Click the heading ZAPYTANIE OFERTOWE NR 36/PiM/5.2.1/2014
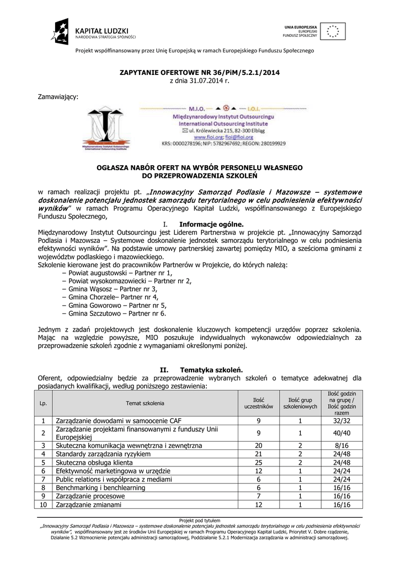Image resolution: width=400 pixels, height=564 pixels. pos(199,73)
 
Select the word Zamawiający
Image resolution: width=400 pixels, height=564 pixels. pos(58,96)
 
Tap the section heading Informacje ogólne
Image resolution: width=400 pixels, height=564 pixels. pos(203,224)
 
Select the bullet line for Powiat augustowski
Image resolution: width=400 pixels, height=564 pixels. pos(121,273)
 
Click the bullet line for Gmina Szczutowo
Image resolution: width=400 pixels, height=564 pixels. pos(118,313)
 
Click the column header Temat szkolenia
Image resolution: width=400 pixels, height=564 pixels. pos(145,404)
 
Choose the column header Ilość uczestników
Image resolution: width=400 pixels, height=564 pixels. pos(259,403)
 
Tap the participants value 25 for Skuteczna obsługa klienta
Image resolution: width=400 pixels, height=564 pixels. pos(259,463)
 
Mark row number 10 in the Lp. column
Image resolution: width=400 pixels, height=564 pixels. pos(44,505)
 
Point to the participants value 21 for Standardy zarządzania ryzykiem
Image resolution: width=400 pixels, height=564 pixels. pos(259,454)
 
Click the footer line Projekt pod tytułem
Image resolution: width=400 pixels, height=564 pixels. pos(200,520)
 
